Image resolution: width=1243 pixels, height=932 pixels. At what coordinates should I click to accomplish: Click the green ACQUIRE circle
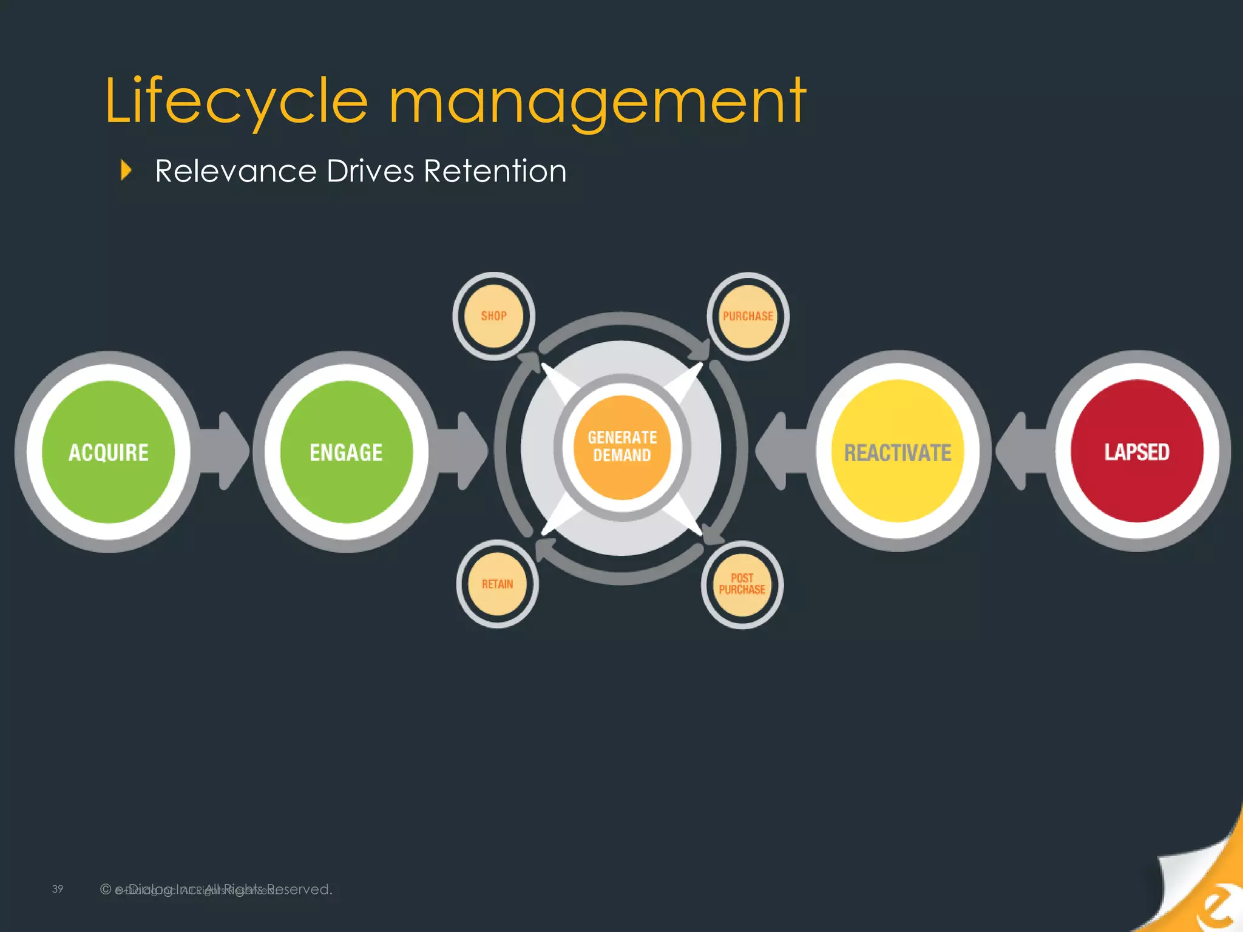click(109, 452)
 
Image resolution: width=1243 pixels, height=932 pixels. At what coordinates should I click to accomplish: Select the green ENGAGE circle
click(347, 452)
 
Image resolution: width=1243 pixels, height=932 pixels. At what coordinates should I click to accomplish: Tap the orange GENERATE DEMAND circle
click(622, 447)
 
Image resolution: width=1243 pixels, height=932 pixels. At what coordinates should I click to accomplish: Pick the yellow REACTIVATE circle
click(898, 452)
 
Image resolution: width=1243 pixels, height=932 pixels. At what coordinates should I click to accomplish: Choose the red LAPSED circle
click(1137, 451)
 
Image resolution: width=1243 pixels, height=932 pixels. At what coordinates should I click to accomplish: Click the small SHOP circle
click(493, 316)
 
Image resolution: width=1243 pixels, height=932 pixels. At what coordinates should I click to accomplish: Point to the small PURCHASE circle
click(748, 316)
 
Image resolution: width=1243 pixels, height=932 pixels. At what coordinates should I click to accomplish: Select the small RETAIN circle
click(497, 584)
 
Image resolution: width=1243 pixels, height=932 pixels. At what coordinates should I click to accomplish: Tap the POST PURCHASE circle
click(742, 584)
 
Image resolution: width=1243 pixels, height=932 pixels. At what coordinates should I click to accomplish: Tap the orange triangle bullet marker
click(126, 171)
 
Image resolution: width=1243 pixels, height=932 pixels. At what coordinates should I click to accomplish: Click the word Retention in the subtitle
click(495, 171)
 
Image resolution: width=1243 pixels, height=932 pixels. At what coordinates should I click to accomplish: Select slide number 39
click(58, 889)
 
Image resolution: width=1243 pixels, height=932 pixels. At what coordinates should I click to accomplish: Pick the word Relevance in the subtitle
click(235, 171)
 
